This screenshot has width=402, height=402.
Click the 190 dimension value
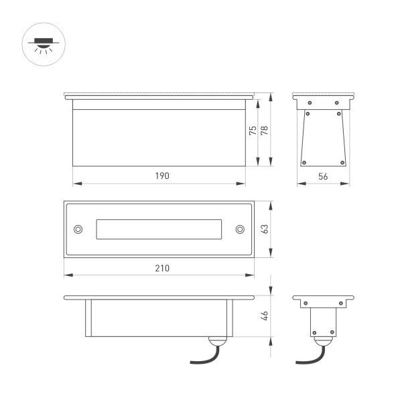tap(161, 176)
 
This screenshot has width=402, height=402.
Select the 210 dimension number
tap(161, 268)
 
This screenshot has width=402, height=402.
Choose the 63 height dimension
tap(265, 228)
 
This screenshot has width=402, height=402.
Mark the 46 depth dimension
tap(265, 315)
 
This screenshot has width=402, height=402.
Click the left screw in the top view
tap(78, 229)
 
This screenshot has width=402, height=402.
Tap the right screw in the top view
tap(240, 229)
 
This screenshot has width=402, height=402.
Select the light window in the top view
tap(159, 229)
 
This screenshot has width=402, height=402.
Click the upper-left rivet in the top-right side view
tap(310, 103)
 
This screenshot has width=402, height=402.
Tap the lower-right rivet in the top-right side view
tap(343, 161)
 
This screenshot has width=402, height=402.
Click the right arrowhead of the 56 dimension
tap(346, 182)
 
